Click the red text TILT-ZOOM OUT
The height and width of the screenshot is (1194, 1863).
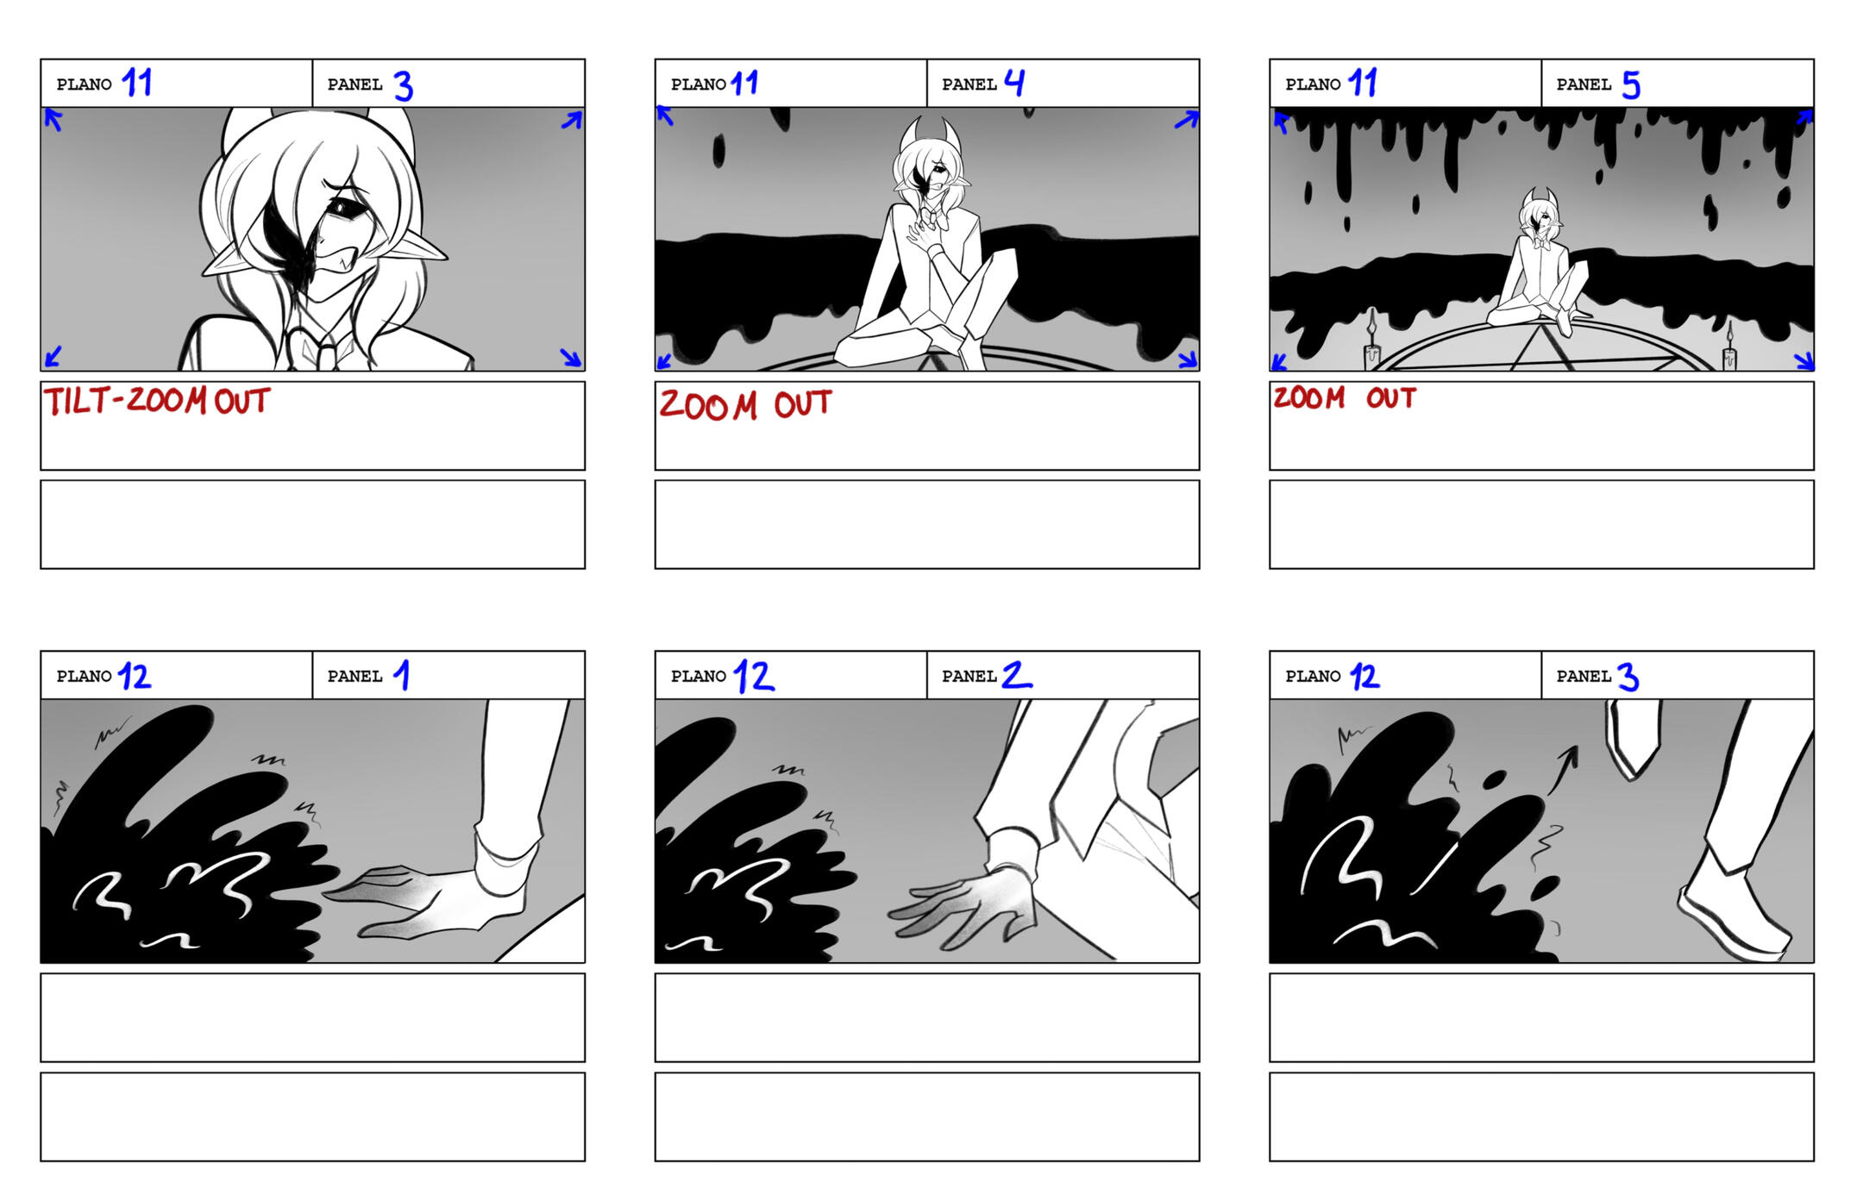(157, 401)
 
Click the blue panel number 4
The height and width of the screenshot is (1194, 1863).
(1015, 83)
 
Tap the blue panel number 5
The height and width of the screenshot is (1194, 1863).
(1630, 85)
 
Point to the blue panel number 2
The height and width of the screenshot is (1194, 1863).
(1016, 675)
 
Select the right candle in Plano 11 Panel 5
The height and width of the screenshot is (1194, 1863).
(1729, 347)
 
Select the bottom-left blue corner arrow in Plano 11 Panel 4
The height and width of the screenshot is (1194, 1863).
(665, 360)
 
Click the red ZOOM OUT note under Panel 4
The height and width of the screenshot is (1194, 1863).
(746, 404)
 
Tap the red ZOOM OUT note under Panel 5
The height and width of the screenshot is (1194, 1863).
(1345, 397)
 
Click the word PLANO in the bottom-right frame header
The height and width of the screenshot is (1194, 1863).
(1313, 677)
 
